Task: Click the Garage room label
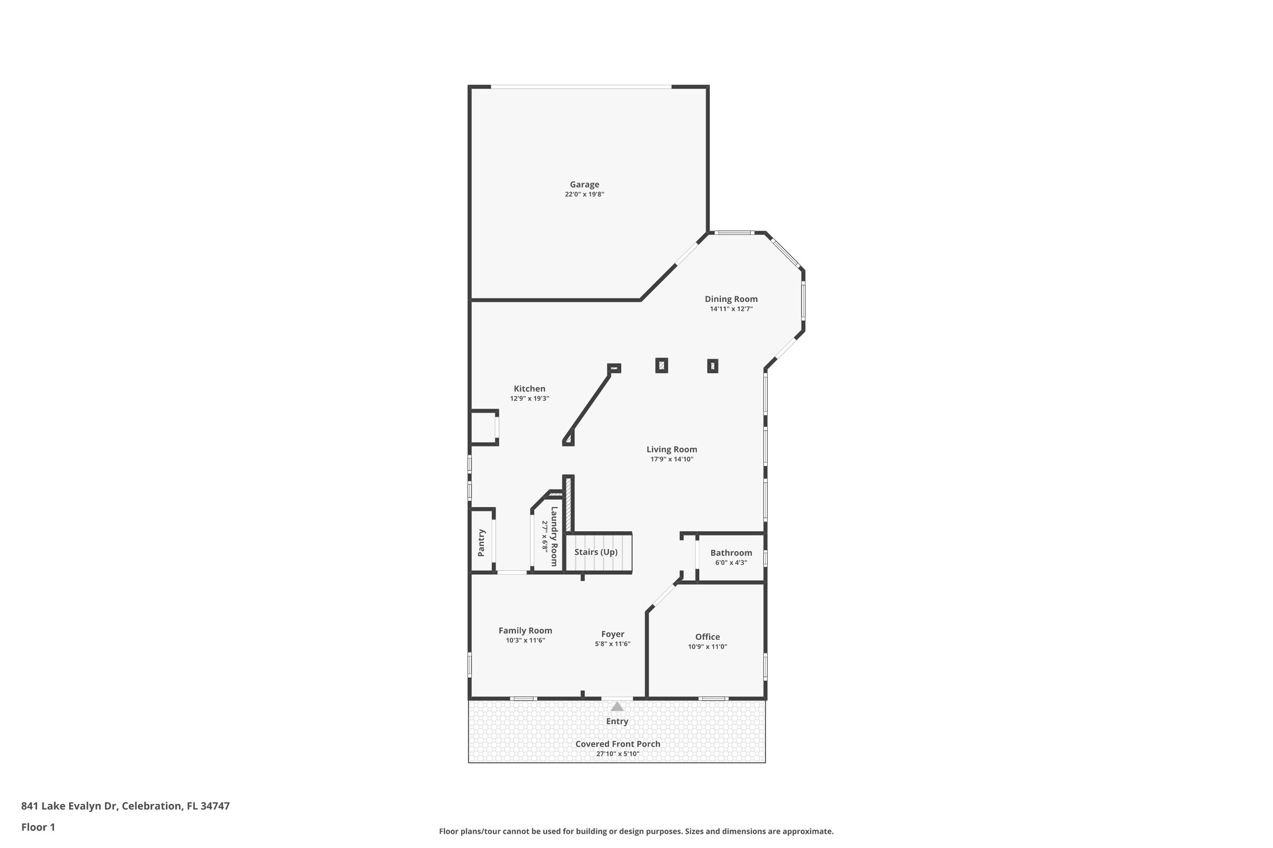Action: pyautogui.click(x=584, y=185)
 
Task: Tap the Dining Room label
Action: pyautogui.click(x=731, y=299)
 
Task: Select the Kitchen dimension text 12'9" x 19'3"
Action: pyautogui.click(x=529, y=399)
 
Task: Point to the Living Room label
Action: pyautogui.click(x=671, y=449)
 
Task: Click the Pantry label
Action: pyautogui.click(x=481, y=542)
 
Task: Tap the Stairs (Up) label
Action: pyautogui.click(x=595, y=552)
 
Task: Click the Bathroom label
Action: pyautogui.click(x=731, y=552)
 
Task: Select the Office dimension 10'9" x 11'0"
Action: pyautogui.click(x=707, y=647)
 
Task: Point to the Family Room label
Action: pyautogui.click(x=525, y=630)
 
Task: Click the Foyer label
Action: pyautogui.click(x=612, y=634)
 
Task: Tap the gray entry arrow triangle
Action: pyautogui.click(x=617, y=706)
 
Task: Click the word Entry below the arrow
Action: pyautogui.click(x=617, y=721)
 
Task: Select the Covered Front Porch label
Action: pyautogui.click(x=617, y=744)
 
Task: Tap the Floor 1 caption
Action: pyautogui.click(x=38, y=827)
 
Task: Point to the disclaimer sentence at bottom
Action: pyautogui.click(x=636, y=831)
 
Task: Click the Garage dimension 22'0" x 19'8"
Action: pyautogui.click(x=584, y=194)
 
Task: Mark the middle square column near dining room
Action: pyautogui.click(x=661, y=365)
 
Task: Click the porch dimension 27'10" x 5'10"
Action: pyautogui.click(x=617, y=754)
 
